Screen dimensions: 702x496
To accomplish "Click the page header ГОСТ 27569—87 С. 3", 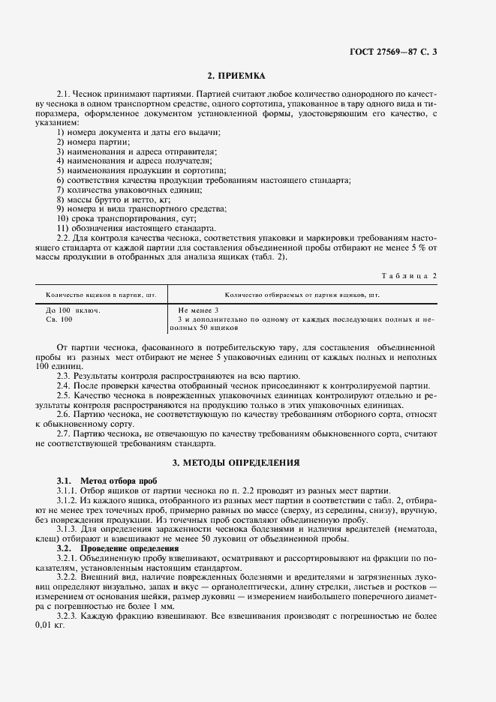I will tap(393, 52).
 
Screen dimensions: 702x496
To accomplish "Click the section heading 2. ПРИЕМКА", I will tap(236, 76).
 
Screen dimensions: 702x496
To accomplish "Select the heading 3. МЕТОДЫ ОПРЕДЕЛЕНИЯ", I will tap(236, 462).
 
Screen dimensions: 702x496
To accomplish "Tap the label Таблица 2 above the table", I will tap(409, 275).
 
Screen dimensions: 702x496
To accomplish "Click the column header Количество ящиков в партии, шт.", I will tap(100, 295).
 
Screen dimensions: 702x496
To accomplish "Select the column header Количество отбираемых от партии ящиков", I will tap(302, 295).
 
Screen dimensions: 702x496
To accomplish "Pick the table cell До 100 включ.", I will tap(73, 310).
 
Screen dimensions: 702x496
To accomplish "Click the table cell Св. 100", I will tap(60, 319).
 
